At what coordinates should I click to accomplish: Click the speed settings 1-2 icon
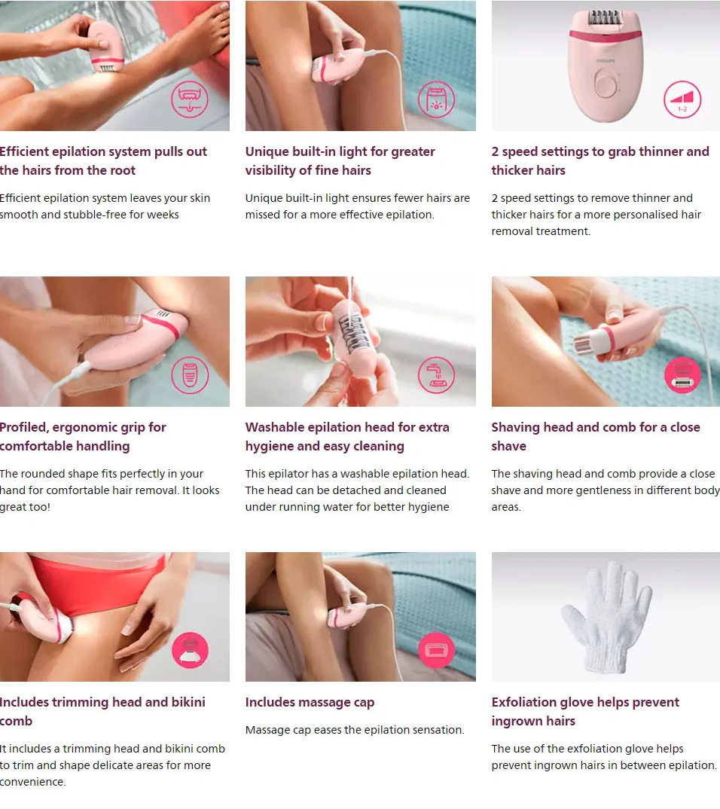(x=682, y=101)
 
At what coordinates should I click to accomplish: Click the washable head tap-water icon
(x=436, y=375)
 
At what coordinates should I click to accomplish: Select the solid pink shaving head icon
(x=682, y=375)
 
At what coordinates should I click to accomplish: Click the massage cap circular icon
(x=436, y=649)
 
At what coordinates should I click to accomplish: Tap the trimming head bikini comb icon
(x=190, y=650)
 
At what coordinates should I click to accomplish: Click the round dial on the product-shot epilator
(x=605, y=84)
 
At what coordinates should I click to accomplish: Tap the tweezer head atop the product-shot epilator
(x=605, y=19)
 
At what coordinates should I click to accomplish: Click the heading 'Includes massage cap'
(x=310, y=702)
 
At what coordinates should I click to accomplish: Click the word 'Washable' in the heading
(x=274, y=427)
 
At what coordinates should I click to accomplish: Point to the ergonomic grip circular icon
(x=190, y=375)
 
